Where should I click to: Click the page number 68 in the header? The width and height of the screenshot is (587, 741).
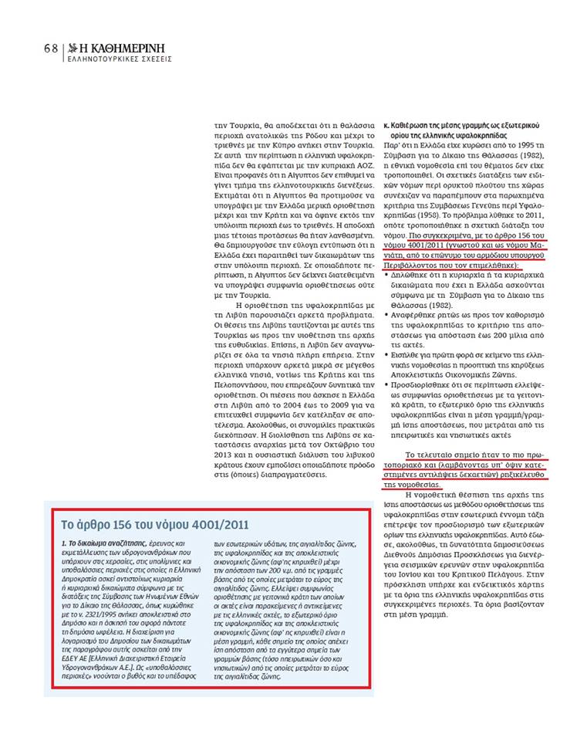(x=51, y=47)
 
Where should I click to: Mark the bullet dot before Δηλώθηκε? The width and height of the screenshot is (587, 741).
(x=386, y=273)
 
